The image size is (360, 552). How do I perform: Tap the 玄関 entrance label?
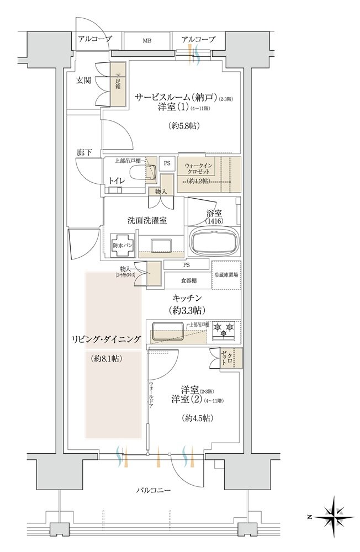(83, 80)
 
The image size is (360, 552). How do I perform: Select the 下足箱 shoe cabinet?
(118, 83)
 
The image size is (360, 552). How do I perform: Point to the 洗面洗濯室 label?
(147, 220)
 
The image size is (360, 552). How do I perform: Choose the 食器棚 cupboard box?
(187, 280)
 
